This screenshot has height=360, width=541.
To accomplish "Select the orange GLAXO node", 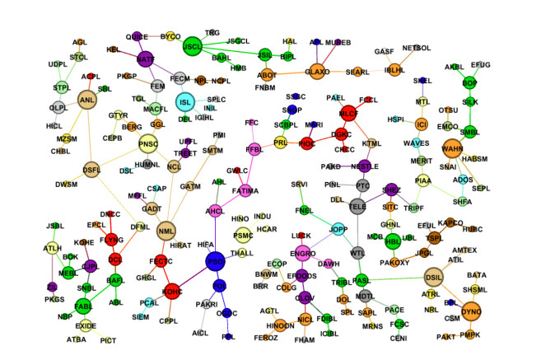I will coord(318,72).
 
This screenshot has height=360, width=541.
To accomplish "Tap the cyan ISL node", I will coord(185,101).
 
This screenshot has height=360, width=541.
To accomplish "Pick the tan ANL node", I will coord(87,101).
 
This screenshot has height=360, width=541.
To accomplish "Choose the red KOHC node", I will coord(173,290).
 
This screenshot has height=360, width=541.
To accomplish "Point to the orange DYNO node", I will coord(472,311).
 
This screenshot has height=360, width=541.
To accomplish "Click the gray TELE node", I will coord(358,206).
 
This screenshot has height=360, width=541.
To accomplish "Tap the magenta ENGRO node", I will coord(302,252).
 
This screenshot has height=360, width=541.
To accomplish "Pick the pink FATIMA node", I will coord(245,190).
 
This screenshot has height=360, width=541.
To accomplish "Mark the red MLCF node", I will coord(347,114).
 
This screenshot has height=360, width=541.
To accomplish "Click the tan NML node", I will coord(167,231).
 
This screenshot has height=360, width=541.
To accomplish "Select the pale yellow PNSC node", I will coord(148,144).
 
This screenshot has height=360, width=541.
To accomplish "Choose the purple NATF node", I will coord(146,59).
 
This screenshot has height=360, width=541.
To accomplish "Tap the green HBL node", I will coord(393,241).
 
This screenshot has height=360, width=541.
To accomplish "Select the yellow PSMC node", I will coord(243,236).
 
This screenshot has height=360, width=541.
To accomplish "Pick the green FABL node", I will coord(83,304).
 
